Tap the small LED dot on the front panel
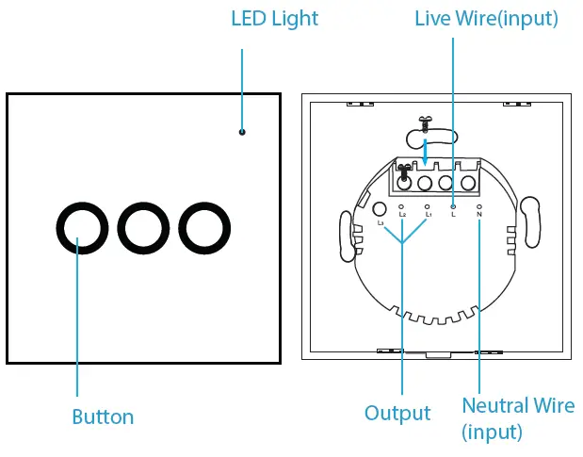(242, 132)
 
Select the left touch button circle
(78, 228)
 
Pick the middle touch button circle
(142, 228)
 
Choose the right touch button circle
(205, 228)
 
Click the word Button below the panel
(104, 416)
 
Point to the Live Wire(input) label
(486, 18)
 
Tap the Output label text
(397, 414)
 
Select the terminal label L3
(381, 224)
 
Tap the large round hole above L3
(380, 209)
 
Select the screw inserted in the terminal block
(406, 174)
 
